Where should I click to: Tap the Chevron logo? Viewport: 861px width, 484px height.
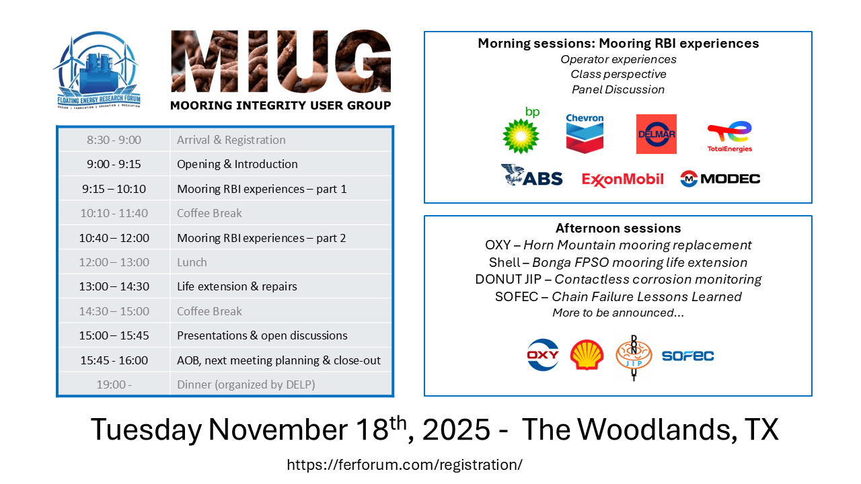click(x=585, y=133)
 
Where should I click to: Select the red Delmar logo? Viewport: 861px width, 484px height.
click(x=656, y=134)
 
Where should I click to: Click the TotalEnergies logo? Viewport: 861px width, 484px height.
click(x=730, y=136)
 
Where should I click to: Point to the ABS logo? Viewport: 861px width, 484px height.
click(x=531, y=175)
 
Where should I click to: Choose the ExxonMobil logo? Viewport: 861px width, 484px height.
click(x=623, y=179)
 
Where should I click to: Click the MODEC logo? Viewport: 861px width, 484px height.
click(x=720, y=179)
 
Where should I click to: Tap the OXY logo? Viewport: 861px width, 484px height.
click(x=543, y=354)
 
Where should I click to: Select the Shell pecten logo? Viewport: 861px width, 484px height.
click(x=587, y=354)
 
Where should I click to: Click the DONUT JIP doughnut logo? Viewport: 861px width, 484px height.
click(x=634, y=356)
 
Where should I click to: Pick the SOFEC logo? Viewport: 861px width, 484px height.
click(x=687, y=356)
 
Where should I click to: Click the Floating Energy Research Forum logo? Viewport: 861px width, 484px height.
click(x=98, y=70)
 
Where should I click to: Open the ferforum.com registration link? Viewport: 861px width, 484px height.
click(x=405, y=465)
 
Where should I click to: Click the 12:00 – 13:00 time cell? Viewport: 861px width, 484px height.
click(x=114, y=262)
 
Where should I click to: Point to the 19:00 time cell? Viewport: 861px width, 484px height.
click(x=114, y=384)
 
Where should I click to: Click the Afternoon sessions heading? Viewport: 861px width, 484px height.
click(x=618, y=228)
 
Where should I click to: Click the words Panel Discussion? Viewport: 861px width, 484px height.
click(x=618, y=89)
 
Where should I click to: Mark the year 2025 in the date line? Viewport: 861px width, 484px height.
click(x=456, y=430)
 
